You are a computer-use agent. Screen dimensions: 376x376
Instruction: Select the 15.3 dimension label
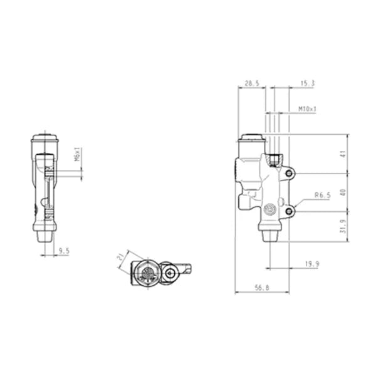pos(306,83)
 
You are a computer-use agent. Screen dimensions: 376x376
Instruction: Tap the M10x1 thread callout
pos(307,109)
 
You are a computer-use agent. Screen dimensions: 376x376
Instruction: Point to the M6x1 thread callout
pos(78,155)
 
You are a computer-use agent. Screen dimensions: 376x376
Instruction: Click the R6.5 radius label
pos(323,196)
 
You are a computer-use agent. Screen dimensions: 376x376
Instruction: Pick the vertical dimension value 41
pos(343,154)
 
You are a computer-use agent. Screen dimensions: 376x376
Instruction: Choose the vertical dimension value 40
pos(343,193)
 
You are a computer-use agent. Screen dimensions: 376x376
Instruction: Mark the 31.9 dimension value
pos(343,226)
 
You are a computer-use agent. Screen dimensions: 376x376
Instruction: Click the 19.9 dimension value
pos(311,264)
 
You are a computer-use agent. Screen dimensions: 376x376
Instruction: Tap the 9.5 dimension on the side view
pos(63,251)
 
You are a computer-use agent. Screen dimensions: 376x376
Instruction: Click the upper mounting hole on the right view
pos(289,173)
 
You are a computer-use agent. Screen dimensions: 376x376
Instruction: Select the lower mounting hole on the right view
pos(289,212)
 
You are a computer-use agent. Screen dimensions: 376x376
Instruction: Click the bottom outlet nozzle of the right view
pos(269,236)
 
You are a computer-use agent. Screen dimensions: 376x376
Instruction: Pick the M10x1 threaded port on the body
pos(274,159)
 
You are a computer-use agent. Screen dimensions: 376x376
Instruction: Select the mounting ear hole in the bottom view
pos(171,273)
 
